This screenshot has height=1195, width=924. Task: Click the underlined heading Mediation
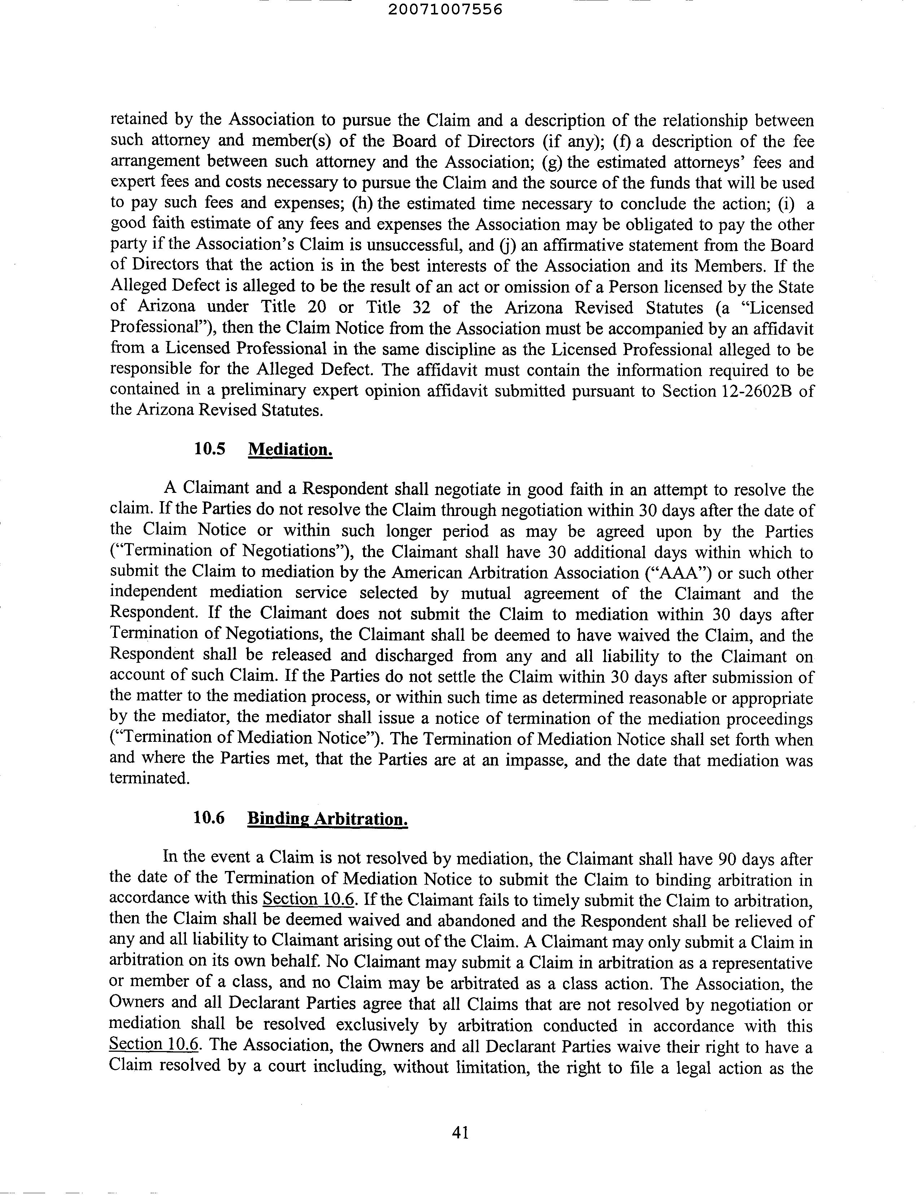(x=290, y=450)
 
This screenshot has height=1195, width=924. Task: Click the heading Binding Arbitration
(x=327, y=819)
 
